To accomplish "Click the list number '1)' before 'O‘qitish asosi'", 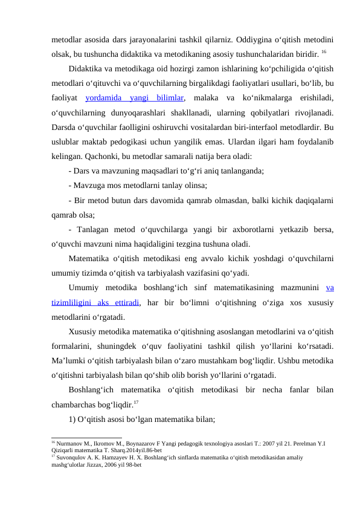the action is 72,418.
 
